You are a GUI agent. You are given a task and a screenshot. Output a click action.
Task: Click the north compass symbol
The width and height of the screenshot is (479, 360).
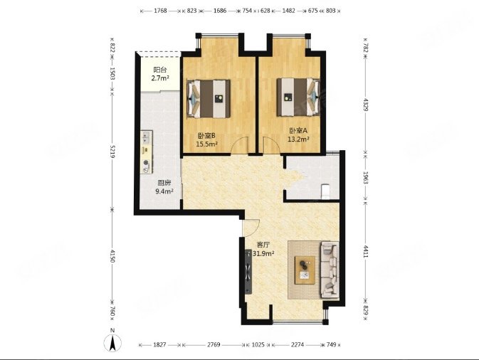point(112,343)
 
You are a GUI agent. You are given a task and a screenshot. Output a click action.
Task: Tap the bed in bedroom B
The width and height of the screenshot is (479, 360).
point(209,99)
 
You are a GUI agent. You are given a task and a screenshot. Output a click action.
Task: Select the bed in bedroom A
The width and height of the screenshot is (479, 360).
point(298,97)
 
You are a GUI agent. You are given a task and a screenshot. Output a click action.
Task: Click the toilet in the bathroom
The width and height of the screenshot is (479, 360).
point(326,191)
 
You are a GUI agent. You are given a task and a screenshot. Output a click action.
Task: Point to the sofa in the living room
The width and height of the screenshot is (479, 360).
point(330,269)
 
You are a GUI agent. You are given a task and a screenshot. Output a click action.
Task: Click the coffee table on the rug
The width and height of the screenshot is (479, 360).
point(305,270)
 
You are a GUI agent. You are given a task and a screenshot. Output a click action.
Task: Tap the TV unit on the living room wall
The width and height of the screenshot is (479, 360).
point(248,272)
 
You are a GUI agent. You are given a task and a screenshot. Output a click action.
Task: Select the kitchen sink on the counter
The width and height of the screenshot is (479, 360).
point(147,137)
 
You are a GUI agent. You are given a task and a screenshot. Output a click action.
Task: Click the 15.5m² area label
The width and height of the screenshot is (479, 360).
point(207,144)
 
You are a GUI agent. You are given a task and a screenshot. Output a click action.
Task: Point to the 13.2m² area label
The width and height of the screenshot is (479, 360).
point(298,139)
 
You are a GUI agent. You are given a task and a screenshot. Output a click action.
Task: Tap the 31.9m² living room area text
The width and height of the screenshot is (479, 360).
point(263,253)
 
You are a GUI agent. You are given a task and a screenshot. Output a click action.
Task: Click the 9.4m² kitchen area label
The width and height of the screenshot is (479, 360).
point(164,191)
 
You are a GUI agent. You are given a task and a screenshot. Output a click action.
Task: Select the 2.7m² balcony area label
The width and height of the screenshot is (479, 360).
point(160,78)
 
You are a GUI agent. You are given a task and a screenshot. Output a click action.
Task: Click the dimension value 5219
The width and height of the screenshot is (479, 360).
point(112,151)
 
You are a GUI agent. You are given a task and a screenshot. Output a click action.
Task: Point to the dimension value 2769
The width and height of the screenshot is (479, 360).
point(214,345)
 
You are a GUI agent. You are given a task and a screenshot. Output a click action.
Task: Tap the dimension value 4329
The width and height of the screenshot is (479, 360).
point(365,104)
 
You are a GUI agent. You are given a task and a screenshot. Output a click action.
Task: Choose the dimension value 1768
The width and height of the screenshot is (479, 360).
point(160,11)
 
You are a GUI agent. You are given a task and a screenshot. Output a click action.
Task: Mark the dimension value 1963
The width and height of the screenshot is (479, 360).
point(365,177)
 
